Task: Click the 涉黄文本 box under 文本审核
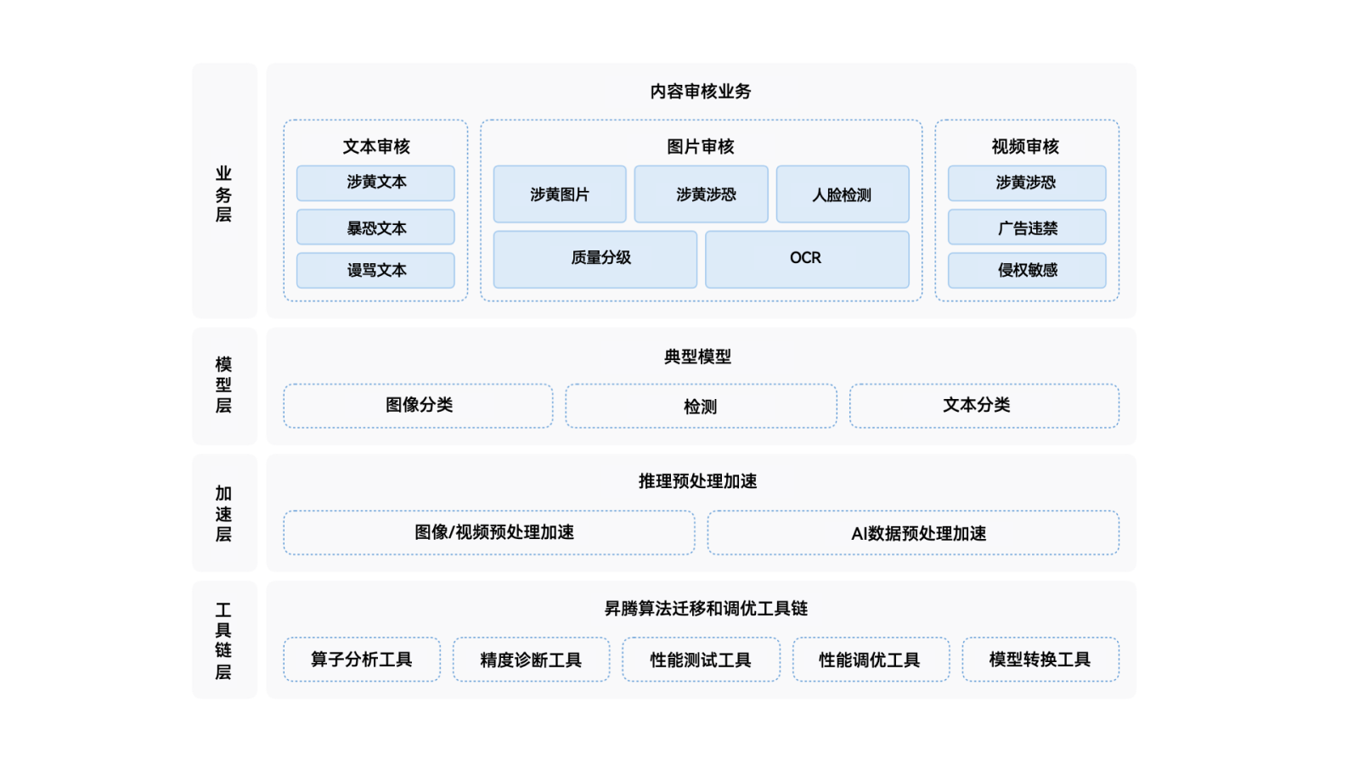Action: tap(375, 183)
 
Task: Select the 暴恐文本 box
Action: tap(375, 228)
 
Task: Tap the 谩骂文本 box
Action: tap(375, 270)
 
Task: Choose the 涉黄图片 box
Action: tap(560, 194)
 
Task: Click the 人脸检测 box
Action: tap(842, 194)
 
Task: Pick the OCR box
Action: tap(806, 259)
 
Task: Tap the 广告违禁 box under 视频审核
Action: tap(1027, 228)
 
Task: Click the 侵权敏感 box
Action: tap(1027, 270)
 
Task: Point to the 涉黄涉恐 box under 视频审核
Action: tap(1027, 183)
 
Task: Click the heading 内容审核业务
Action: tap(701, 91)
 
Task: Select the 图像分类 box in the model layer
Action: tap(419, 406)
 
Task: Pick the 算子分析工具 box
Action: tap(362, 660)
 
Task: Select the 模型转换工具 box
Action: tap(1040, 660)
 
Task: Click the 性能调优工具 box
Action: tap(871, 660)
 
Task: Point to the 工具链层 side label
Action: tap(223, 641)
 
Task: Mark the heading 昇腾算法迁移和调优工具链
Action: tap(705, 609)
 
